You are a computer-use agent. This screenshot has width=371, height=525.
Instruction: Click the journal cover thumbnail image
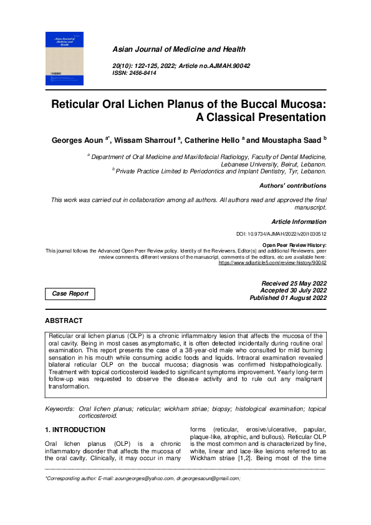click(64, 60)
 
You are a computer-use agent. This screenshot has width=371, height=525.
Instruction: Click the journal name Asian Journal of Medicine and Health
click(178, 49)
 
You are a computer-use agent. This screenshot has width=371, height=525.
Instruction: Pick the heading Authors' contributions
click(292, 186)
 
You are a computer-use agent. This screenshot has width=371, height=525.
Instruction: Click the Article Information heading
click(298, 222)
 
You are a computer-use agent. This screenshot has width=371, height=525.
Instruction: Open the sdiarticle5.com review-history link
click(272, 263)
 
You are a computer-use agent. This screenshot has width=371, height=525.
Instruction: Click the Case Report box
click(70, 294)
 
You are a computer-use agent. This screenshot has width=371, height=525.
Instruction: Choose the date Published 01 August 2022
click(287, 298)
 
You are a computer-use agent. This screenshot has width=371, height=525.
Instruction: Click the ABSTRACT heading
click(64, 320)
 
